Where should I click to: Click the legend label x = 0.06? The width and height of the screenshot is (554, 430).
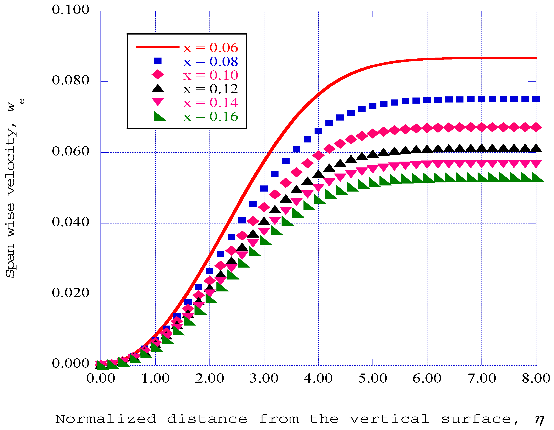click(211, 48)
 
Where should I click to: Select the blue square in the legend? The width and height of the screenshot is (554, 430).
click(158, 61)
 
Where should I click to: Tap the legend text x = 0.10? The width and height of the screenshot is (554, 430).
click(211, 75)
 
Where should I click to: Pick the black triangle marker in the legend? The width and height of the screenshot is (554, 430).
click(158, 88)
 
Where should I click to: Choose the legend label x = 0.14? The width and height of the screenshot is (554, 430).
click(211, 103)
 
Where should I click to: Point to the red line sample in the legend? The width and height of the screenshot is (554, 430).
click(157, 47)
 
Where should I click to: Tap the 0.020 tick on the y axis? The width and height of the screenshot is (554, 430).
click(71, 293)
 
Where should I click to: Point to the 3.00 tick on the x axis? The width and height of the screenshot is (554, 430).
click(264, 379)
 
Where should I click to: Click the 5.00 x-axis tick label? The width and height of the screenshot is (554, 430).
click(373, 379)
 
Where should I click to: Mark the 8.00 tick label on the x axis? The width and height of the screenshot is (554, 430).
click(536, 379)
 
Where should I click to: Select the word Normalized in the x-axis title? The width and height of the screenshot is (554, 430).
click(106, 419)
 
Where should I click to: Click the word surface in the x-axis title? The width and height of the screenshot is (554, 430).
click(476, 419)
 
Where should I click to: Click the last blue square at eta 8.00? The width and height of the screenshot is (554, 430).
click(536, 99)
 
